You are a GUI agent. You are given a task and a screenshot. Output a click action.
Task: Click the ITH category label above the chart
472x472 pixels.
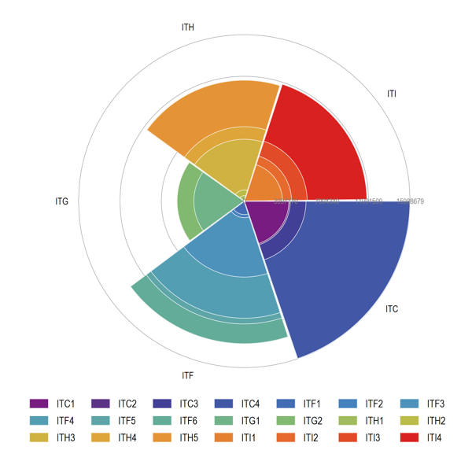click(187, 28)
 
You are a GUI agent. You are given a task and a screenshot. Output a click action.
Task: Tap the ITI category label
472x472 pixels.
click(392, 94)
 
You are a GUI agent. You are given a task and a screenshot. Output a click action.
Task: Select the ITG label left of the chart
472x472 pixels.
click(62, 202)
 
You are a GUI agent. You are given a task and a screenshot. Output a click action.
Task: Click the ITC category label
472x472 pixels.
click(392, 309)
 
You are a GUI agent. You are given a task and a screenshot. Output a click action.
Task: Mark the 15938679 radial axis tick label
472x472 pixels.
click(411, 202)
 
